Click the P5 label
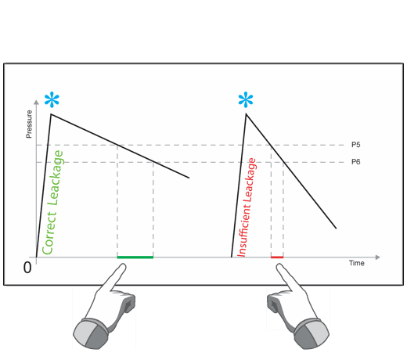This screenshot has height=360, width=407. click(x=355, y=145)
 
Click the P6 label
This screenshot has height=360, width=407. click(x=355, y=162)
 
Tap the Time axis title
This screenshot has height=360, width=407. click(x=357, y=263)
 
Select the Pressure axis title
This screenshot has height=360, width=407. click(x=29, y=124)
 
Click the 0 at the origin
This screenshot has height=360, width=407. click(x=27, y=268)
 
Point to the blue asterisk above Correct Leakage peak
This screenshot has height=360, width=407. click(x=52, y=99)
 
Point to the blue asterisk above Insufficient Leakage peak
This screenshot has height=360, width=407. click(x=246, y=99)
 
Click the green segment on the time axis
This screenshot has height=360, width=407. click(x=135, y=257)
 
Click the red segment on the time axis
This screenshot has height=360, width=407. click(x=277, y=257)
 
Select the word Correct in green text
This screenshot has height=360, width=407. click(x=49, y=233)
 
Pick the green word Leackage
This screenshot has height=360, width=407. click(x=56, y=178)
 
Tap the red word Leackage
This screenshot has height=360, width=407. click(x=250, y=180)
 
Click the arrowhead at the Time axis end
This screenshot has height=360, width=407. click(x=378, y=257)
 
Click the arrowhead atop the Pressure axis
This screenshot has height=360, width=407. click(x=37, y=103)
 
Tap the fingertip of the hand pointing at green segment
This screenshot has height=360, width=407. click(x=123, y=265)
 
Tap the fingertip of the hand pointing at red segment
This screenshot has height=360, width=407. click(x=279, y=266)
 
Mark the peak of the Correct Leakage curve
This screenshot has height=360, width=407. click(x=51, y=114)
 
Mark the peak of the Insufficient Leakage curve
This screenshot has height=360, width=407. click(x=246, y=113)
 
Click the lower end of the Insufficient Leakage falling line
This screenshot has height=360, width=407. click(x=336, y=229)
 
